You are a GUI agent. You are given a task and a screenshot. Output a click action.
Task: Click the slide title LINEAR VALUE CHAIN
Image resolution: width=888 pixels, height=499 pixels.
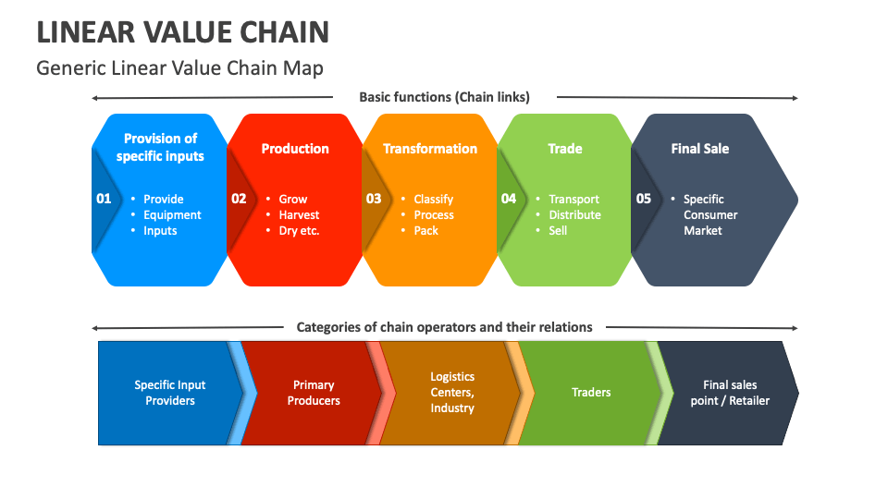183,32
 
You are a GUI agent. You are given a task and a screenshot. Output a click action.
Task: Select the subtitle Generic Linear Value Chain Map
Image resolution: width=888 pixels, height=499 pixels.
179,68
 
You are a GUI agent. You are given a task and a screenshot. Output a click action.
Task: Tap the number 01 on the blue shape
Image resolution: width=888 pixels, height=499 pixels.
104,199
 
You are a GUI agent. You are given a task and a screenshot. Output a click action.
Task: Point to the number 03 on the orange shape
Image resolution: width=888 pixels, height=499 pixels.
374,199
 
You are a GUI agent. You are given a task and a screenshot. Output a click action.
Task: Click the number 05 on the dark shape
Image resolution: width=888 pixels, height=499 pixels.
644,199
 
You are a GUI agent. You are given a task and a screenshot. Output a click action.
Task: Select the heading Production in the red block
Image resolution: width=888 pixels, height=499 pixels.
295,149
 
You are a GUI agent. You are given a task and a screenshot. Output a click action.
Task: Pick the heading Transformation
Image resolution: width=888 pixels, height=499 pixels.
430,149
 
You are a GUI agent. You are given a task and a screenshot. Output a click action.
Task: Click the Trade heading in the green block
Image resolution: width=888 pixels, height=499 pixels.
564,149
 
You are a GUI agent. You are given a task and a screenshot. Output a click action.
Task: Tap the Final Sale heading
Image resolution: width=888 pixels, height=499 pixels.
699,149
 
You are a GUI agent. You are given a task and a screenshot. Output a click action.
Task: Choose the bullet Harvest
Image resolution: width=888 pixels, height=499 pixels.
299,215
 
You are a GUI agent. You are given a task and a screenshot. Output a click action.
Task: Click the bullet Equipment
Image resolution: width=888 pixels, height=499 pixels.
172,215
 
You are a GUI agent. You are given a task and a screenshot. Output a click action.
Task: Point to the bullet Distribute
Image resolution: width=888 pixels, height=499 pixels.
574,215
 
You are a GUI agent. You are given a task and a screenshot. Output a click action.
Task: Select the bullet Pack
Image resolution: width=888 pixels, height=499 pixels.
425,231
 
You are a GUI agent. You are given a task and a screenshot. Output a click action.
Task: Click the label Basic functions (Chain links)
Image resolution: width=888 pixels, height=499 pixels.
444,97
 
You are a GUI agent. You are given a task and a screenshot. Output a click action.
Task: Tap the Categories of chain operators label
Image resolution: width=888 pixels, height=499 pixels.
444,327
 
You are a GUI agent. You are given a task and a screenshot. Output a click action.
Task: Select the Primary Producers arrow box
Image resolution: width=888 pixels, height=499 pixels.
314,393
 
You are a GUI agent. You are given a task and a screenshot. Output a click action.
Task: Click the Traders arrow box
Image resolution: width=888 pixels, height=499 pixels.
591,393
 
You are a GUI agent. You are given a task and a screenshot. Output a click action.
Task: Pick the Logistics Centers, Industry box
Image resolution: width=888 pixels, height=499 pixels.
452,393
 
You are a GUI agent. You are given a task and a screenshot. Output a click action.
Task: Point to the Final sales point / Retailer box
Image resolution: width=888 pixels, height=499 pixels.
730,393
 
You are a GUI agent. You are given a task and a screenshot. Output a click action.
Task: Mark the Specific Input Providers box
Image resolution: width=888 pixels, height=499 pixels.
170,393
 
